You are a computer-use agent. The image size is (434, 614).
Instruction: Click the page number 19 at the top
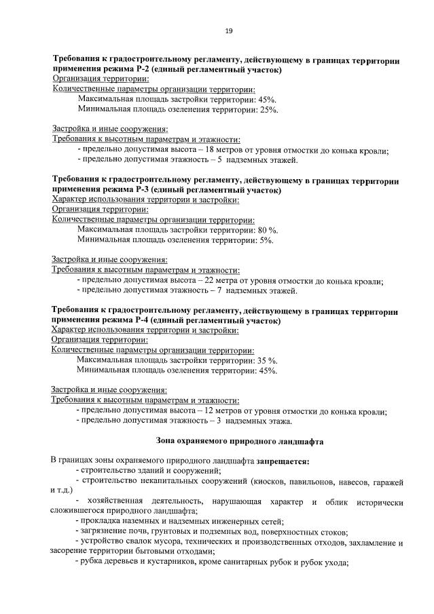228,31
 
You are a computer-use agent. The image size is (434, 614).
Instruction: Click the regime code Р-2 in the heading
141,70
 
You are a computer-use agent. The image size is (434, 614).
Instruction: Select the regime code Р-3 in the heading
141,191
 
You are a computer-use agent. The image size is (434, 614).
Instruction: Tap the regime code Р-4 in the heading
141,320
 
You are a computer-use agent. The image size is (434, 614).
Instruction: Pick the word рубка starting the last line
92,562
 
